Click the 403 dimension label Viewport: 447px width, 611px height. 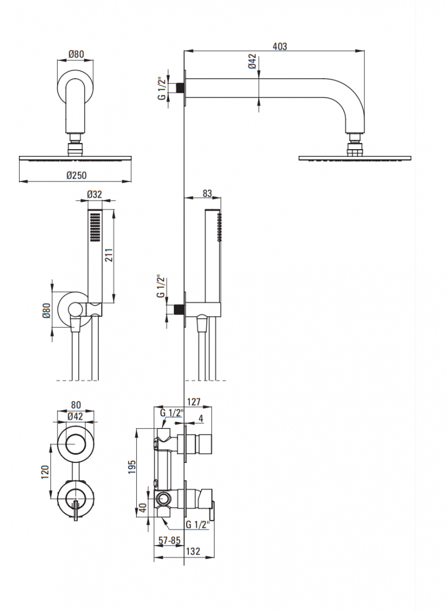(280, 47)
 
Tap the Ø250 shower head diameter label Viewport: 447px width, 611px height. (76, 175)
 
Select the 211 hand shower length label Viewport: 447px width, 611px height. (110, 255)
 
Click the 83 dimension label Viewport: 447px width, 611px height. (207, 193)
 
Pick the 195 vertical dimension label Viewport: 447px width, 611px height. (132, 466)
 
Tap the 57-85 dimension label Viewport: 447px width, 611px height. (169, 540)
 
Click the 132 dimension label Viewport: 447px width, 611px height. (193, 551)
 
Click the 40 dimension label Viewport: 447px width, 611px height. (143, 509)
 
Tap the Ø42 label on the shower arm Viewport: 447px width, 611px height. (253, 61)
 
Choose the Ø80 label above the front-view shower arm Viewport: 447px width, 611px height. (76, 54)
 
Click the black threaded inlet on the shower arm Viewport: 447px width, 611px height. (180, 88)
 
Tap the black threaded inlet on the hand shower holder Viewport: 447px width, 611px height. (180, 308)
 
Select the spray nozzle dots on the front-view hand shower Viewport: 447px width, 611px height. (94, 230)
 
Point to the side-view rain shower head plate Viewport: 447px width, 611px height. (356, 159)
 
